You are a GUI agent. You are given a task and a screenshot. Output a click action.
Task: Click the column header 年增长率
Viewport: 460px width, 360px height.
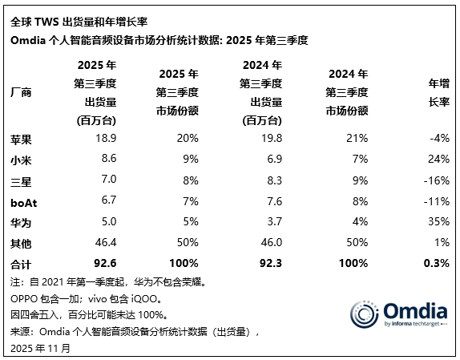[438, 92]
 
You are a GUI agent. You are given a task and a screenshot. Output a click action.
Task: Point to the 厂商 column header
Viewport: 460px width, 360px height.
[21, 93]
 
